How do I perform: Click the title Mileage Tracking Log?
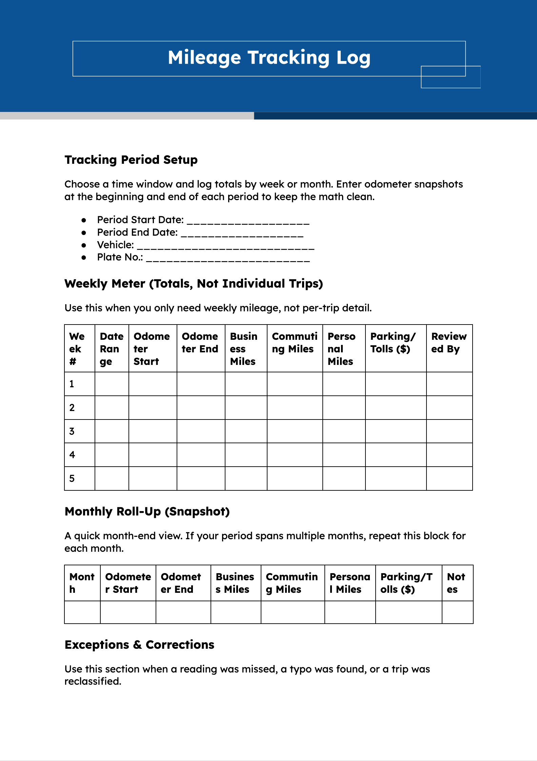[x=269, y=58]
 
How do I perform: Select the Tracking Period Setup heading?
[x=131, y=160]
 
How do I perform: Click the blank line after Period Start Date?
[x=248, y=221]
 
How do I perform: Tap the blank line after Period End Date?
[x=242, y=233]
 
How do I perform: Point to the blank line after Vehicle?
[x=226, y=246]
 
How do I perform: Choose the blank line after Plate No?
[x=228, y=258]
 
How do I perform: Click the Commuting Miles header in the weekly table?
[x=294, y=343]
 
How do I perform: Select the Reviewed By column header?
[x=449, y=343]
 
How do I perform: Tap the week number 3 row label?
[x=72, y=431]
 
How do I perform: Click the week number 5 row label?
[x=72, y=479]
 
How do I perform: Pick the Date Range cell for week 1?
[x=112, y=384]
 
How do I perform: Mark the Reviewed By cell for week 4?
[x=449, y=455]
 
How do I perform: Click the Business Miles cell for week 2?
[x=246, y=408]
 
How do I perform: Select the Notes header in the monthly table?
[x=456, y=583]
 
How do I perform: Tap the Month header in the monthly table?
[x=82, y=583]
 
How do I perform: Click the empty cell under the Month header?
[x=82, y=612]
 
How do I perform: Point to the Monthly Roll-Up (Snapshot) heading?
[x=147, y=511]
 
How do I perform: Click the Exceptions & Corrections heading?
[x=139, y=645]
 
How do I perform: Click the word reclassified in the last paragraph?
[x=93, y=681]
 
